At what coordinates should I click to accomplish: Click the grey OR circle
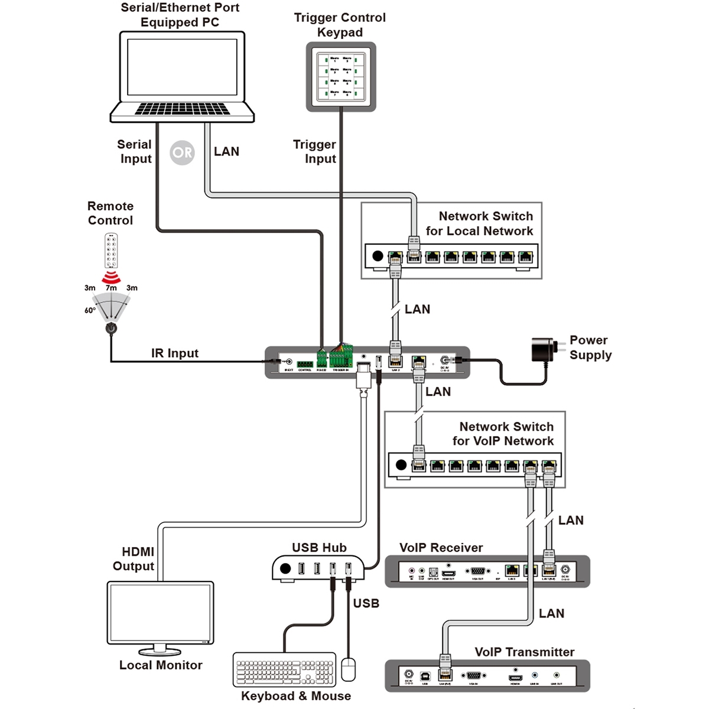[x=182, y=153]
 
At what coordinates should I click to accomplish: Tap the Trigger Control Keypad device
[x=341, y=77]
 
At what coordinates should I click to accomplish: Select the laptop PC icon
[x=182, y=77]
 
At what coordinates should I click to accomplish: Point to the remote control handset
[x=111, y=251]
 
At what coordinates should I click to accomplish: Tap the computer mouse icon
[x=349, y=670]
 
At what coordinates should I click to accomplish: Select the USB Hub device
[x=319, y=568]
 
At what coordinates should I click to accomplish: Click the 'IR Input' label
[x=175, y=353]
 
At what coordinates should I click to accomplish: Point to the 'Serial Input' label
[x=135, y=152]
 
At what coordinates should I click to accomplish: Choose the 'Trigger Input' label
[x=315, y=152]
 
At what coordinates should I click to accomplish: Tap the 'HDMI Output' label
[x=134, y=559]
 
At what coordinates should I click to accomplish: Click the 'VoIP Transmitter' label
[x=525, y=652]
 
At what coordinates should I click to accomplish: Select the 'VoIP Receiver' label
[x=441, y=548]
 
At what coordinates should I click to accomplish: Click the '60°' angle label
[x=90, y=310]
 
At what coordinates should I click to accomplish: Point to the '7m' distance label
[x=111, y=288]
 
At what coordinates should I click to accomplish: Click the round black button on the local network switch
[x=378, y=256]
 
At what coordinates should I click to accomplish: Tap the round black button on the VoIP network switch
[x=401, y=465]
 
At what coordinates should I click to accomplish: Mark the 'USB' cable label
[x=366, y=603]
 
